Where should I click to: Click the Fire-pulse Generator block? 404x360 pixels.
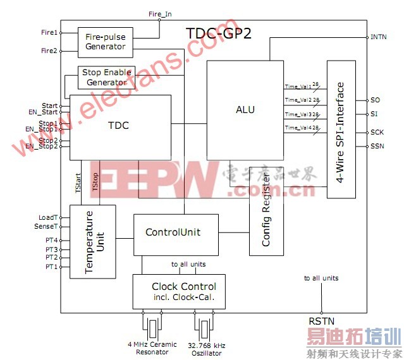[105, 42]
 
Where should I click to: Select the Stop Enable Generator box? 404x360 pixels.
[106, 78]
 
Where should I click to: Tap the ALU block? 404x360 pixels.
[245, 110]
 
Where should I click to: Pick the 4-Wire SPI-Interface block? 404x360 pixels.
[341, 129]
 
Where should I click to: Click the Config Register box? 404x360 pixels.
[266, 219]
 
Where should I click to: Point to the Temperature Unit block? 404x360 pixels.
[92, 241]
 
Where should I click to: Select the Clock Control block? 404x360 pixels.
[178, 291]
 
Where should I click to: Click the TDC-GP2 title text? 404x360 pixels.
[218, 33]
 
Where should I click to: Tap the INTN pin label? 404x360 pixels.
[379, 37]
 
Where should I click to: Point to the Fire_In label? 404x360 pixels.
[159, 13]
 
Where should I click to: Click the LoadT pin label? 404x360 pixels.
[48, 217]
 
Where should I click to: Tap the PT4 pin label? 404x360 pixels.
[51, 241]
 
